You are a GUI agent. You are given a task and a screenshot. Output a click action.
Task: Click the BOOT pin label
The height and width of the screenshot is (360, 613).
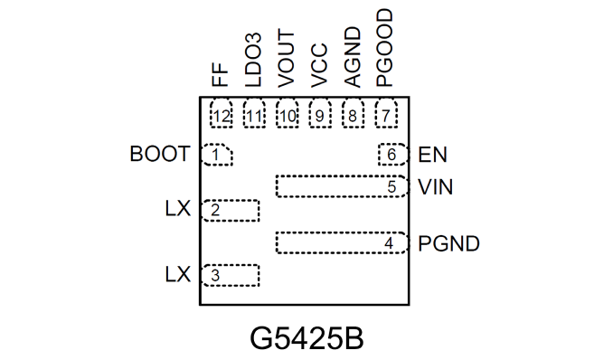tap(160, 154)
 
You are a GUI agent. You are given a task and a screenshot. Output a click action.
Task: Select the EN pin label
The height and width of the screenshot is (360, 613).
tap(432, 155)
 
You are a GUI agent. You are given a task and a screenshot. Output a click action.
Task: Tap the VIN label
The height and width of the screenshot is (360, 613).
tap(436, 187)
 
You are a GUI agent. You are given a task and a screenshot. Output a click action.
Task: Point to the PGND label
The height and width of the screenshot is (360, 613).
tap(448, 243)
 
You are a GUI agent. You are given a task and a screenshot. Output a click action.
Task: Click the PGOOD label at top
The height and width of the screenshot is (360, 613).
tap(384, 47)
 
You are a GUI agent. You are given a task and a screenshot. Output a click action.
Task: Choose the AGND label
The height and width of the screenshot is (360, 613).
tap(352, 57)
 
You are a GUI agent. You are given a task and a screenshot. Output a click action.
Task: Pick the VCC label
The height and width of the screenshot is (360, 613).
tap(319, 65)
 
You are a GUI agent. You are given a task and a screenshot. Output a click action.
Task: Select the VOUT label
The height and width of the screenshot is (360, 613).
tap(286, 59)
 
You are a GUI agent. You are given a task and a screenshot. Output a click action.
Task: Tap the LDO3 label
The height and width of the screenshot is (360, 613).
tap(252, 60)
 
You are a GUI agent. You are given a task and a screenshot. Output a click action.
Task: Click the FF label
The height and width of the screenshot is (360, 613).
tap(220, 74)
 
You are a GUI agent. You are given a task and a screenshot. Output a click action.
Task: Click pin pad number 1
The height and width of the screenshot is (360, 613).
tap(217, 155)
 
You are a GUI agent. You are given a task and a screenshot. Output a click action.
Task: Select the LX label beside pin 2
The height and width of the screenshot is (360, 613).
tap(178, 209)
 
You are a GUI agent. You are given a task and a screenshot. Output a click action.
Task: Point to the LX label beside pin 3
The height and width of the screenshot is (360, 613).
tap(178, 274)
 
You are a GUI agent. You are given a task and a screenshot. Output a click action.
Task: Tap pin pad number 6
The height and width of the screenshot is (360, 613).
tap(393, 155)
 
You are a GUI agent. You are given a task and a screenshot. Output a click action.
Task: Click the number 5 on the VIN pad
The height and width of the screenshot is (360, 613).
tap(391, 186)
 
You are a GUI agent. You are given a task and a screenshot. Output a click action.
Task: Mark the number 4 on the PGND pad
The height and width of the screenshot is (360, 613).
tap(389, 243)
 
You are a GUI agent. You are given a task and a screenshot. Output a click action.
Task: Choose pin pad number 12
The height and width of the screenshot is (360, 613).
tap(222, 113)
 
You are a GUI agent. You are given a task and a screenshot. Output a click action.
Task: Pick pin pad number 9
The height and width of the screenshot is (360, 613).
tap(320, 113)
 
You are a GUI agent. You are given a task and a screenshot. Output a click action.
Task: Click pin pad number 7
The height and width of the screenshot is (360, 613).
tap(386, 113)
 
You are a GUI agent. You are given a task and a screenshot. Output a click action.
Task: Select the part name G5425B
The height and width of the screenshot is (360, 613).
tap(306, 338)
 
